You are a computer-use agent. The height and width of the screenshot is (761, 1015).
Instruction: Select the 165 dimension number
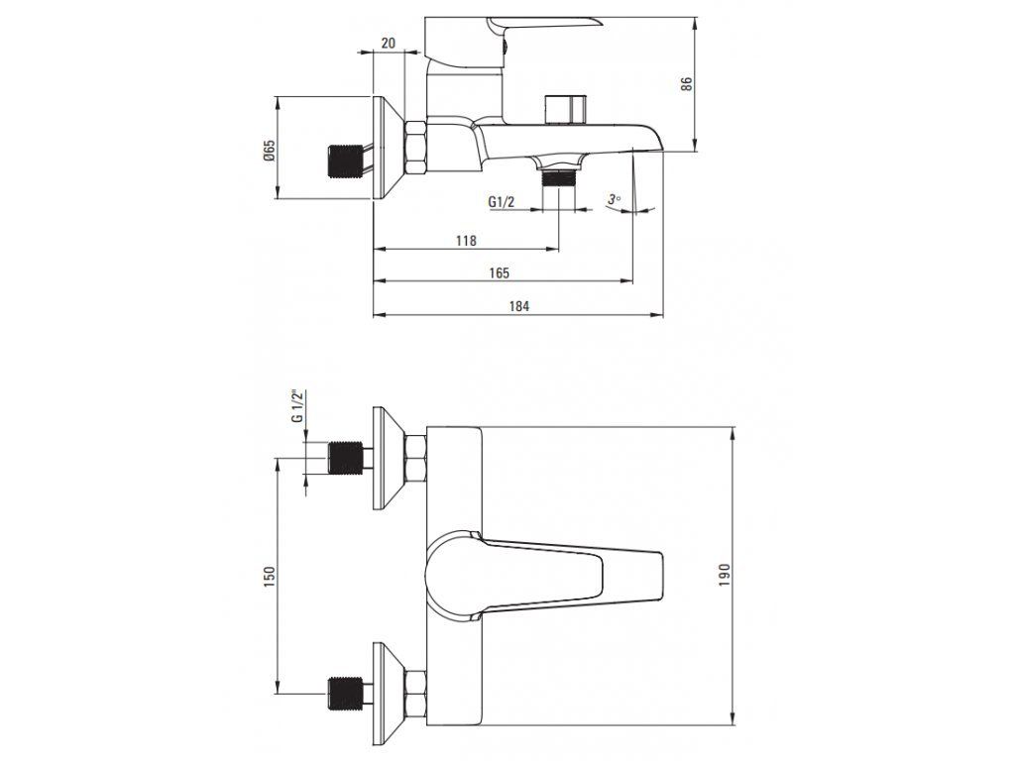500,272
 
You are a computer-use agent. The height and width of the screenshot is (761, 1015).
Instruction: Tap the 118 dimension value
466,241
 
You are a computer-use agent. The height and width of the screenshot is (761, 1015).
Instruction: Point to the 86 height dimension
686,83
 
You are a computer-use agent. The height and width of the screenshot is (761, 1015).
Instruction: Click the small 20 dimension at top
388,43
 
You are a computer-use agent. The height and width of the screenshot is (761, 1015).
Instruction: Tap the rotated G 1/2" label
296,407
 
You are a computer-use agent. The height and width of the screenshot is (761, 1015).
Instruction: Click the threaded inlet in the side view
342,162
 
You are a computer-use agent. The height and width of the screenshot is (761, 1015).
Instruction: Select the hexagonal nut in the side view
416,146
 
